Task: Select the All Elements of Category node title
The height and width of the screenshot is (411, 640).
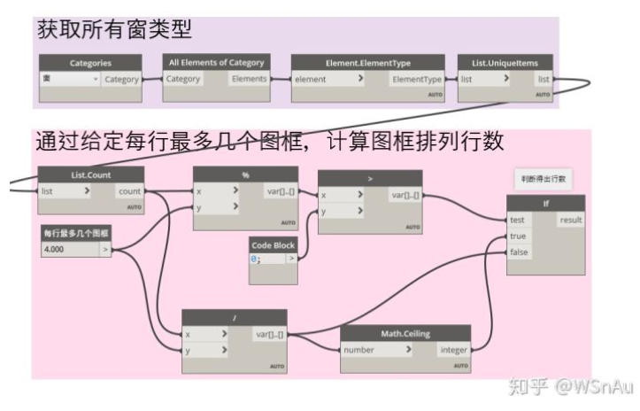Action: tap(217, 63)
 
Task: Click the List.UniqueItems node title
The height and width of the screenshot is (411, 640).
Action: tap(505, 63)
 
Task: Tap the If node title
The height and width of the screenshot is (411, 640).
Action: tap(545, 203)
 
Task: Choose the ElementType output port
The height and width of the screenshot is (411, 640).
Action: tap(417, 79)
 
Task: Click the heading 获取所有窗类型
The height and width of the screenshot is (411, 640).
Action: tap(115, 28)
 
